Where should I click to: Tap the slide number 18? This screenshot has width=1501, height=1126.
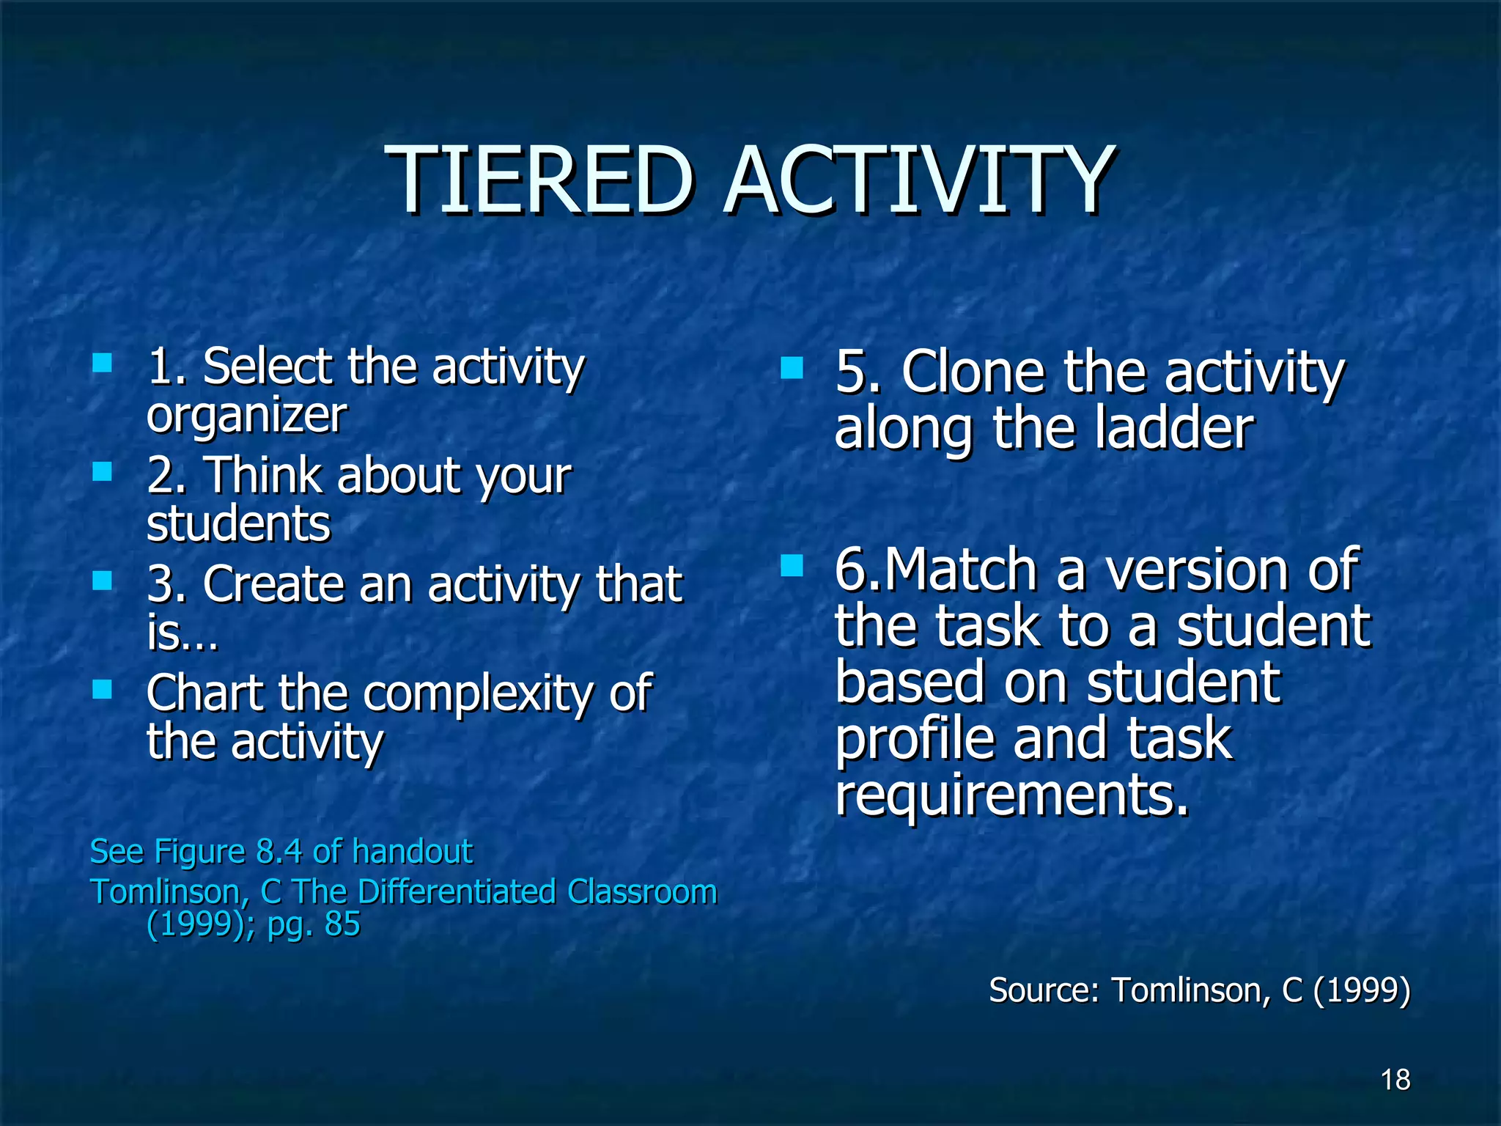[x=1395, y=1080]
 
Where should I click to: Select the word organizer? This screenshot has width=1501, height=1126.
[x=246, y=416]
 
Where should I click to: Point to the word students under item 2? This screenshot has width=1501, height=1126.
[x=238, y=525]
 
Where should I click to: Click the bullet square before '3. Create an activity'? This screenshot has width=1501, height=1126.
[x=103, y=581]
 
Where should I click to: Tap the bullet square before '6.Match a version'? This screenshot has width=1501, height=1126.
[x=792, y=565]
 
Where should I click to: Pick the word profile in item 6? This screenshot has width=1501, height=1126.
[x=915, y=739]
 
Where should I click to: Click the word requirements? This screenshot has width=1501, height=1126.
[x=1011, y=795]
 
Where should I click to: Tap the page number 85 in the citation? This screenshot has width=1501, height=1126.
[x=342, y=924]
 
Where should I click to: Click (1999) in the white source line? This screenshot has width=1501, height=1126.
[x=1361, y=990]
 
